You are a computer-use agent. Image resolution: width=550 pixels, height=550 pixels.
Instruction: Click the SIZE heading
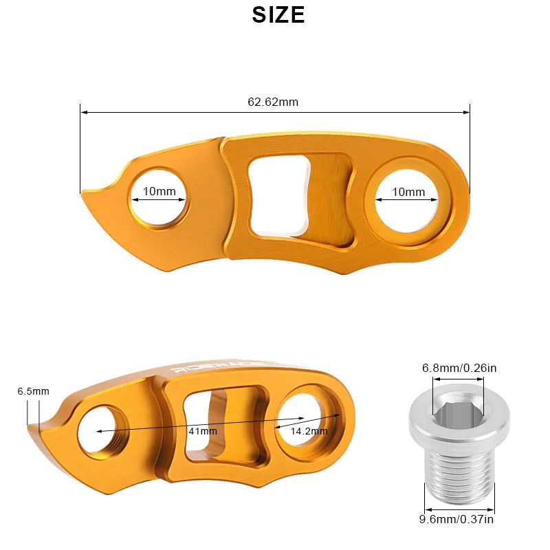pyautogui.click(x=278, y=14)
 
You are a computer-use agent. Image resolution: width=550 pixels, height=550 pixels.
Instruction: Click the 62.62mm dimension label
pyautogui.click(x=273, y=102)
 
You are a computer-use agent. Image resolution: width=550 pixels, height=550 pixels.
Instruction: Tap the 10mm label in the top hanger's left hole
pyautogui.click(x=159, y=192)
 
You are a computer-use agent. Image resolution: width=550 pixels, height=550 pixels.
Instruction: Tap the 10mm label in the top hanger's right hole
pyautogui.click(x=408, y=192)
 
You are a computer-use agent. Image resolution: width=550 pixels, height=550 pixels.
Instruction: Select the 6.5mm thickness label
pyautogui.click(x=33, y=391)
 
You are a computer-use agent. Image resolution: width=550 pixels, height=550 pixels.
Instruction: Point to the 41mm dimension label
pyautogui.click(x=202, y=431)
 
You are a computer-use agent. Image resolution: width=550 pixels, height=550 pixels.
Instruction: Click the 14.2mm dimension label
pyautogui.click(x=309, y=431)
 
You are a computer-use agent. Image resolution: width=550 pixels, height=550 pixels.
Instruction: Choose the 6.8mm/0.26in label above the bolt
pyautogui.click(x=459, y=368)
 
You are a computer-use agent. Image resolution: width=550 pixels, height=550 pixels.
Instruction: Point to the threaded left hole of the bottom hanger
pyautogui.click(x=100, y=432)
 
